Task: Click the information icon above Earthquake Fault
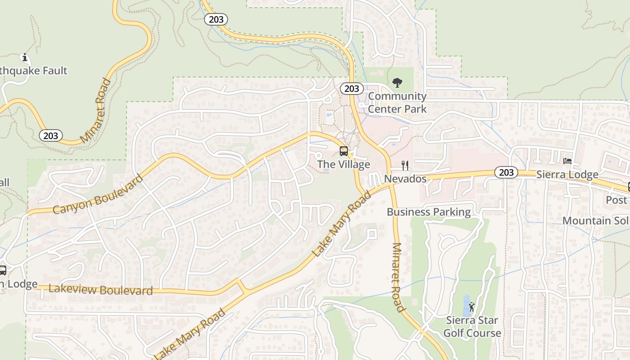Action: [x=25, y=58]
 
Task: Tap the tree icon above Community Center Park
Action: [x=397, y=82]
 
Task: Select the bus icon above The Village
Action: [x=344, y=151]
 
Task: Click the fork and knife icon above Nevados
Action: [x=405, y=166]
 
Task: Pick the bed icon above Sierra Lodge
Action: [x=567, y=161]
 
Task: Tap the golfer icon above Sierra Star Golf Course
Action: [x=472, y=307]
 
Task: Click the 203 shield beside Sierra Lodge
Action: [x=506, y=172]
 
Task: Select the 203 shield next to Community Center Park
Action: [x=351, y=89]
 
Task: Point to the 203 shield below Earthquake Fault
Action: [x=50, y=135]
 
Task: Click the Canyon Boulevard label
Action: [x=98, y=194]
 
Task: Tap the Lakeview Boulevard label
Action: [x=100, y=290]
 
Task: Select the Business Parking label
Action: [x=428, y=212]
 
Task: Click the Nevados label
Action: [x=405, y=179]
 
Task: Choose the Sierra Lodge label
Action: [x=567, y=175]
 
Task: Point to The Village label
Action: [x=343, y=164]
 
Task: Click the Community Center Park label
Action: [x=397, y=103]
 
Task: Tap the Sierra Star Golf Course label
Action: [x=472, y=327]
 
